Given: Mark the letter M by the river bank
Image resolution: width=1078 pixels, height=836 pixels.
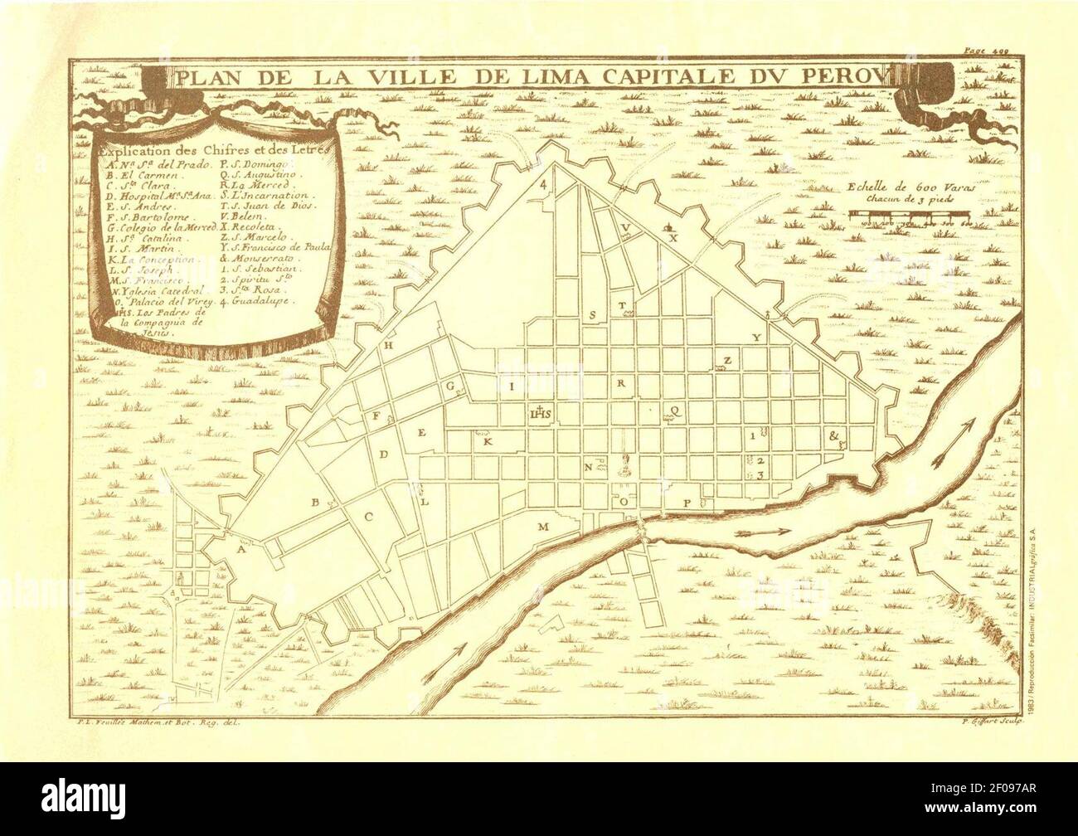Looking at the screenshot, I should click(x=542, y=527).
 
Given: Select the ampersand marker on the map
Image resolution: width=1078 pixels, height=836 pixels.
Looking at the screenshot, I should click(x=833, y=435).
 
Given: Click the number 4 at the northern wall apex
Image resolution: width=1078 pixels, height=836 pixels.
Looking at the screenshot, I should click(x=543, y=184).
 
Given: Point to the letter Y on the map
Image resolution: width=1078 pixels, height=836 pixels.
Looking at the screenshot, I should click(x=755, y=338).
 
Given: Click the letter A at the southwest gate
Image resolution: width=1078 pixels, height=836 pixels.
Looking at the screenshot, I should click(x=241, y=549).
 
